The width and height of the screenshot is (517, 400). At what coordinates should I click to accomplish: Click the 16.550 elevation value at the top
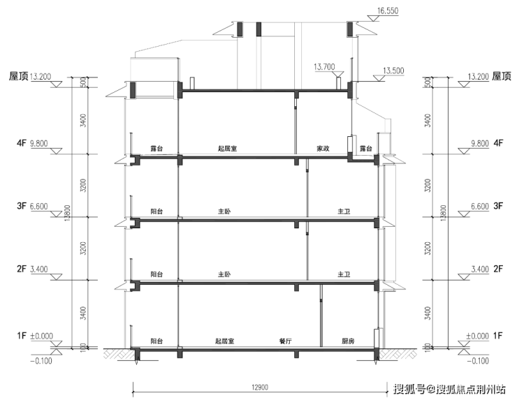tap(388, 10)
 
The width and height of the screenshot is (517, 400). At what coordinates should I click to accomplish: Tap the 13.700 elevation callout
tap(324, 67)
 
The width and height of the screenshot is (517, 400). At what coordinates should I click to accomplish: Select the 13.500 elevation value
tap(393, 71)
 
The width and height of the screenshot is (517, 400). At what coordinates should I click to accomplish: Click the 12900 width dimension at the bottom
tap(260, 387)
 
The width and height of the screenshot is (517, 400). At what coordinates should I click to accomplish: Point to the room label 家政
tap(323, 149)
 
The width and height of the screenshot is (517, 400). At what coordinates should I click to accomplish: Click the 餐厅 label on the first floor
tap(286, 341)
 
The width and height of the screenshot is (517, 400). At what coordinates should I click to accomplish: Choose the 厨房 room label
tap(348, 341)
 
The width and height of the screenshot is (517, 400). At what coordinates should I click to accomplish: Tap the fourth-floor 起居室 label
tap(228, 149)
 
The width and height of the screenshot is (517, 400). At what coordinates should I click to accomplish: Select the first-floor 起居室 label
tap(225, 341)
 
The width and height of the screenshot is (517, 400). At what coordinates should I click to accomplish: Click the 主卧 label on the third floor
tap(224, 212)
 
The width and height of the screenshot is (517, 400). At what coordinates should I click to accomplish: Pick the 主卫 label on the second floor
tap(344, 274)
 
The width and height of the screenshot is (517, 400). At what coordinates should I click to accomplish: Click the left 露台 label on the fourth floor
tap(156, 149)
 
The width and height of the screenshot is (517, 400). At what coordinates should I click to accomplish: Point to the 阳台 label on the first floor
tap(156, 341)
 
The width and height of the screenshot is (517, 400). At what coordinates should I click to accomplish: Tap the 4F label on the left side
tap(22, 143)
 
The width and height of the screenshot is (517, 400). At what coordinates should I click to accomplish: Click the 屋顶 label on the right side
tap(502, 77)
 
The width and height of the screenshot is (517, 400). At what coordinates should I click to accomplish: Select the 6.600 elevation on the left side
tap(39, 206)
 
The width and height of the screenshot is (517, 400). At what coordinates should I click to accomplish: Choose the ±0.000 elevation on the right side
tap(477, 336)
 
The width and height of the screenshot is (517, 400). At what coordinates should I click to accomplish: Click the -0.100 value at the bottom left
tap(41, 361)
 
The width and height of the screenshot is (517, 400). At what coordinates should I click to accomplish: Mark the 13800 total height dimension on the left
tap(68, 213)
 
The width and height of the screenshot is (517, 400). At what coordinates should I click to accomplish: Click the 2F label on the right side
tap(498, 269)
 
